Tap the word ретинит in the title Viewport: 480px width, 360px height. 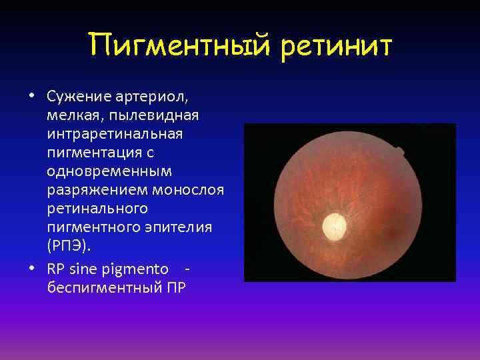(x=337, y=47)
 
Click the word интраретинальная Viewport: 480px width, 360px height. (x=114, y=135)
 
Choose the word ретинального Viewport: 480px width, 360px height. (x=97, y=209)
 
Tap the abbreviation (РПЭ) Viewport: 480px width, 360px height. (x=67, y=246)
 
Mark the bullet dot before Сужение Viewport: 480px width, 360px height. (x=31, y=95)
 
